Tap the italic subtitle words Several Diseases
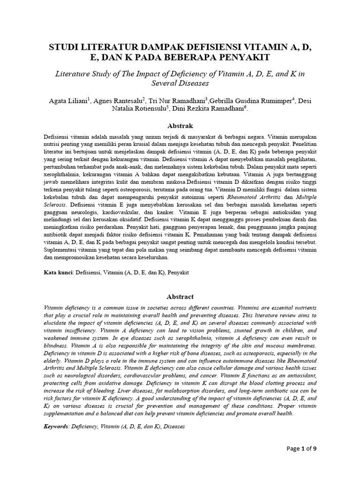(180, 83)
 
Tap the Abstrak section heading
(180, 126)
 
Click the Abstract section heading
(180, 297)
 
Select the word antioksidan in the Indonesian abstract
(280, 211)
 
